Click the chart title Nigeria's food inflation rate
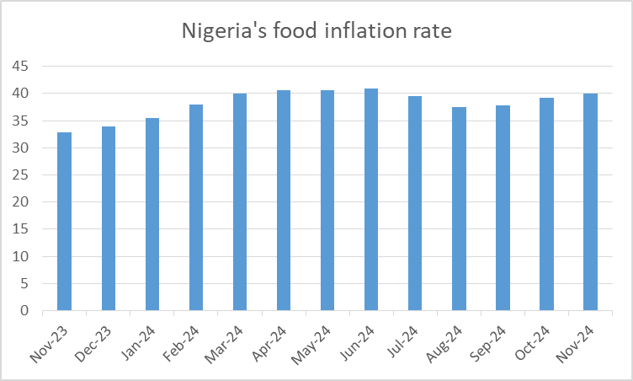[x=317, y=32]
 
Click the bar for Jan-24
[x=152, y=214]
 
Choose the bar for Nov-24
[x=590, y=202]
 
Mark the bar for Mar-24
[x=240, y=202]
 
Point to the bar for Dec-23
[x=109, y=218]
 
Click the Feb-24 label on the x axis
[x=183, y=345]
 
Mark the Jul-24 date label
[x=404, y=343]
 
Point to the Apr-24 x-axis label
[x=271, y=345]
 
